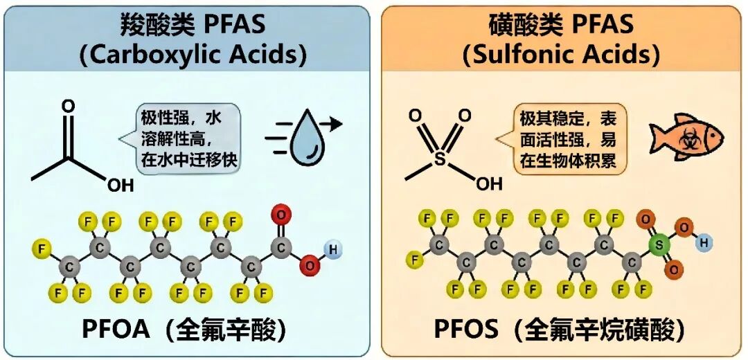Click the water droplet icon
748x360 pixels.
click(x=304, y=136)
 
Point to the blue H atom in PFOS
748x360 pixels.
click(x=704, y=242)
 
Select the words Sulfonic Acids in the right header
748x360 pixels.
click(x=561, y=55)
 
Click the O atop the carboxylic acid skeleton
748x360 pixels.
click(x=67, y=106)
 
